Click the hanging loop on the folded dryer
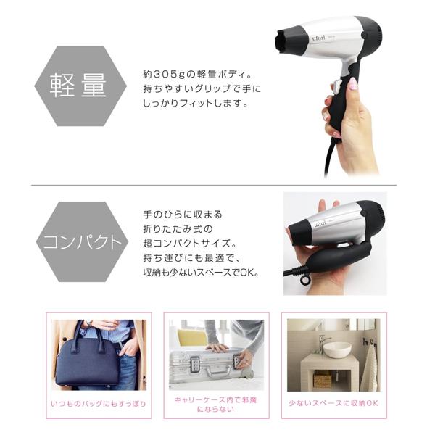coord(306,280)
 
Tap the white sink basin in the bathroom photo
coord(337,349)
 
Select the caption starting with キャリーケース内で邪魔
coord(216,404)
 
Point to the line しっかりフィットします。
coord(196,103)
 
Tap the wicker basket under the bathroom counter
coord(323,378)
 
